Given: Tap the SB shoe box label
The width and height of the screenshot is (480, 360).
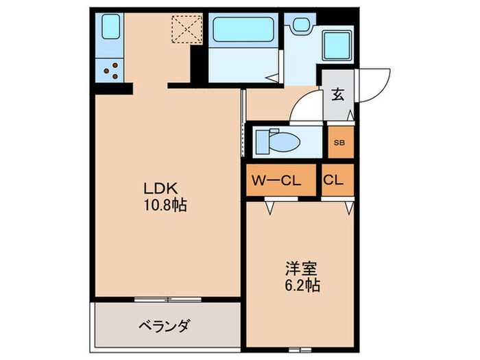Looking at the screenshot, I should (339, 143).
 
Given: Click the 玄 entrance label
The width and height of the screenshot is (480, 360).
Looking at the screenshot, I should (337, 95).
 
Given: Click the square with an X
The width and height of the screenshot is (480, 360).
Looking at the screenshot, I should (184, 29).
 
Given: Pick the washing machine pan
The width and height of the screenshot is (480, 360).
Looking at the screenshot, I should (337, 45).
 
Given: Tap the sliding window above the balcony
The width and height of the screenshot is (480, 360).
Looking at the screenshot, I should (167, 299).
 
